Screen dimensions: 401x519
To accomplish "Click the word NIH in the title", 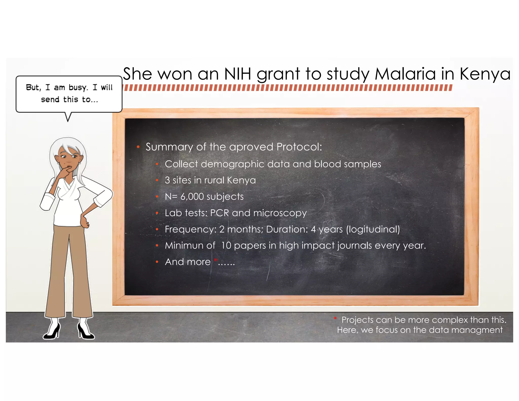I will pos(237,74).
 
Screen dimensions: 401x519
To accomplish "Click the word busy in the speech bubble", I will pos(78,88).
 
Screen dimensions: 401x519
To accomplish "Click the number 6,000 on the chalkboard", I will pos(192,197).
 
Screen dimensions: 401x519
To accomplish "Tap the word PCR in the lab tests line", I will pos(219,213).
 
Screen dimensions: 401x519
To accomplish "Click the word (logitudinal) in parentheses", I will pos(373,229).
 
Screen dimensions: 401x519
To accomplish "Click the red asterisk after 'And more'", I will pos(215,260).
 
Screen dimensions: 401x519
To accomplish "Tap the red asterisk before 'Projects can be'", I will pos(335,318).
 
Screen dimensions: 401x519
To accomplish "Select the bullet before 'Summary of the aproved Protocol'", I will pos(138,147).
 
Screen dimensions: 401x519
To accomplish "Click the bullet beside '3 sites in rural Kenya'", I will pos(157,180).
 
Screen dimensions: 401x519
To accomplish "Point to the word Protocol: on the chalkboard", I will pos(299,147).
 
